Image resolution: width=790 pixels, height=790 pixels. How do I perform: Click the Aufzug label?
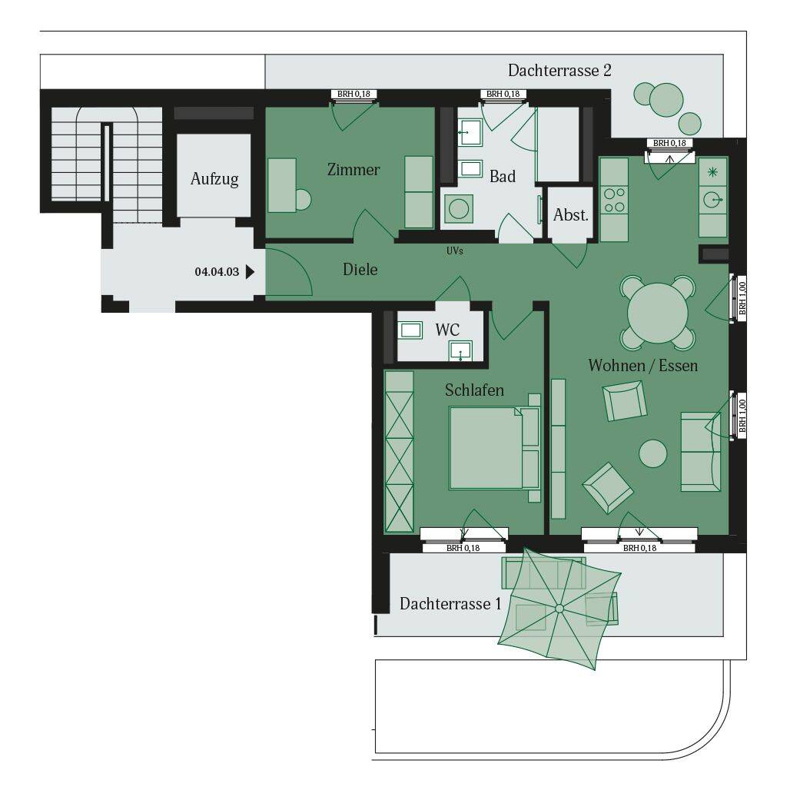click(x=214, y=179)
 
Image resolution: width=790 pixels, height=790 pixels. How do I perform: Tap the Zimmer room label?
click(x=354, y=170)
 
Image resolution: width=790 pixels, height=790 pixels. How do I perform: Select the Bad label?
click(x=503, y=177)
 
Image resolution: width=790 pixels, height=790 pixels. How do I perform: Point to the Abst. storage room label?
click(x=571, y=215)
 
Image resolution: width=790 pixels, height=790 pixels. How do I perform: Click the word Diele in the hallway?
click(x=360, y=270)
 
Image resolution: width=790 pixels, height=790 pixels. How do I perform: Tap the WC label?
click(x=447, y=330)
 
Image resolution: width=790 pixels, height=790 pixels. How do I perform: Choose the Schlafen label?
click(x=474, y=390)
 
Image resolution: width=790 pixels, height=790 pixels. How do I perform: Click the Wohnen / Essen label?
click(x=643, y=365)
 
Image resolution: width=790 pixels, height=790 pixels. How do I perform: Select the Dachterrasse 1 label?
click(x=450, y=604)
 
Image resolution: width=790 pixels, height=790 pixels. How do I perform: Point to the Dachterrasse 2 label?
click(x=559, y=71)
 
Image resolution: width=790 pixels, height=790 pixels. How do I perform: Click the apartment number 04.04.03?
click(x=217, y=271)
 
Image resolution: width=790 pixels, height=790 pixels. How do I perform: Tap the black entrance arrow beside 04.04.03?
click(x=250, y=271)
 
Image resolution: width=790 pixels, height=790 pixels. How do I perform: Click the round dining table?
click(x=658, y=314)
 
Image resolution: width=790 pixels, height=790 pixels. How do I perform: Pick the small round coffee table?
click(x=653, y=453)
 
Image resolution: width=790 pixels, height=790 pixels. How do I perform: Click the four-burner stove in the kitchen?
click(x=614, y=199)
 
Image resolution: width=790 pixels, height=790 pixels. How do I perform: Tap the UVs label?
click(x=455, y=251)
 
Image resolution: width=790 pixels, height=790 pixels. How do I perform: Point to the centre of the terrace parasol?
click(x=559, y=609)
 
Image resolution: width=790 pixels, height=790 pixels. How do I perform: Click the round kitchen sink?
click(x=712, y=200)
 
